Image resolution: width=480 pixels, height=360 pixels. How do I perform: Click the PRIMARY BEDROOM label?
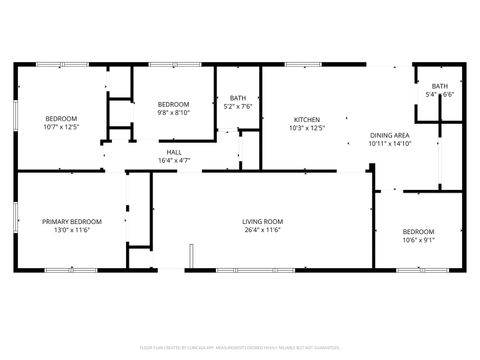click(x=71, y=221)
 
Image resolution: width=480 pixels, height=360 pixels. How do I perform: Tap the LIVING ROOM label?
click(x=263, y=221)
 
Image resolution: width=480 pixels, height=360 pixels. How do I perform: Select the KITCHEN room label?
click(x=306, y=119)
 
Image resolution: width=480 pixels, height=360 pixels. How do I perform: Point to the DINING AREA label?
click(x=389, y=135)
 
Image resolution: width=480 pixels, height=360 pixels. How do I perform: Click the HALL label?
click(x=174, y=152)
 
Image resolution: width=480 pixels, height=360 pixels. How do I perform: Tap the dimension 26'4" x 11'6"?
click(x=263, y=230)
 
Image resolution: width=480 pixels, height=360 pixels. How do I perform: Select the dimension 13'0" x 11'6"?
click(x=71, y=230)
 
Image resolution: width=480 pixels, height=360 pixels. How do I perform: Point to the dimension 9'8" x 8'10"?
click(x=174, y=113)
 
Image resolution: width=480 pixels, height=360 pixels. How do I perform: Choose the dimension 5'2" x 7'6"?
click(x=237, y=106)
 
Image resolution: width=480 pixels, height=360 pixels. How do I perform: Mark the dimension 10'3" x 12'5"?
click(x=306, y=128)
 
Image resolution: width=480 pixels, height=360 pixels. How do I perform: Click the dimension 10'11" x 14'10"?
click(x=389, y=144)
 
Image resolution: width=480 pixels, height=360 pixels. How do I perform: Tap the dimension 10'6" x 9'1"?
click(x=418, y=240)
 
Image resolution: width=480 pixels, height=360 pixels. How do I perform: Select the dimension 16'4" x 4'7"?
click(x=174, y=160)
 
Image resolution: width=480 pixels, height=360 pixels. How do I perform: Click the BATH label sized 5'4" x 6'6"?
click(x=440, y=86)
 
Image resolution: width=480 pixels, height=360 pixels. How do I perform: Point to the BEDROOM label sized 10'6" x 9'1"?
click(x=418, y=231)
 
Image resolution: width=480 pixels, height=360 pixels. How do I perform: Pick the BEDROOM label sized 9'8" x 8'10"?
click(x=174, y=104)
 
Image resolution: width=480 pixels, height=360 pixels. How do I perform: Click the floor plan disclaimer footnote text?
click(x=240, y=349)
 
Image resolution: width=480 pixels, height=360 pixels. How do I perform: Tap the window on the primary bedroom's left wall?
click(x=15, y=220)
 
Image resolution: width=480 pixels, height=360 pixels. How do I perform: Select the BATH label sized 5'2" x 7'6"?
click(x=237, y=97)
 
